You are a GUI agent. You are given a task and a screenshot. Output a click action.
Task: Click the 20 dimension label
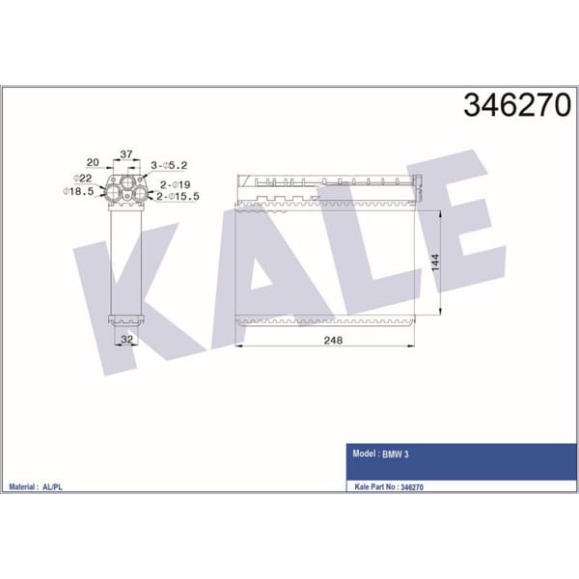coord(94,163)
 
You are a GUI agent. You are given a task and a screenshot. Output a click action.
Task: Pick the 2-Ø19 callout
coord(174,183)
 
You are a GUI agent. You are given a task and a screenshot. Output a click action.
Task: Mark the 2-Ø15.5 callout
coord(179,197)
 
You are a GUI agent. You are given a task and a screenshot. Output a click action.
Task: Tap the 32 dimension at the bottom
coord(125,340)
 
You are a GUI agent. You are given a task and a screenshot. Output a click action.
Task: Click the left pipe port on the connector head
coord(114,193)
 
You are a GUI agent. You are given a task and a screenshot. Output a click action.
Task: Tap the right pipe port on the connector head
coord(140,193)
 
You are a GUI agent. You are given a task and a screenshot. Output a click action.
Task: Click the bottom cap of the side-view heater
coord(126,319)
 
